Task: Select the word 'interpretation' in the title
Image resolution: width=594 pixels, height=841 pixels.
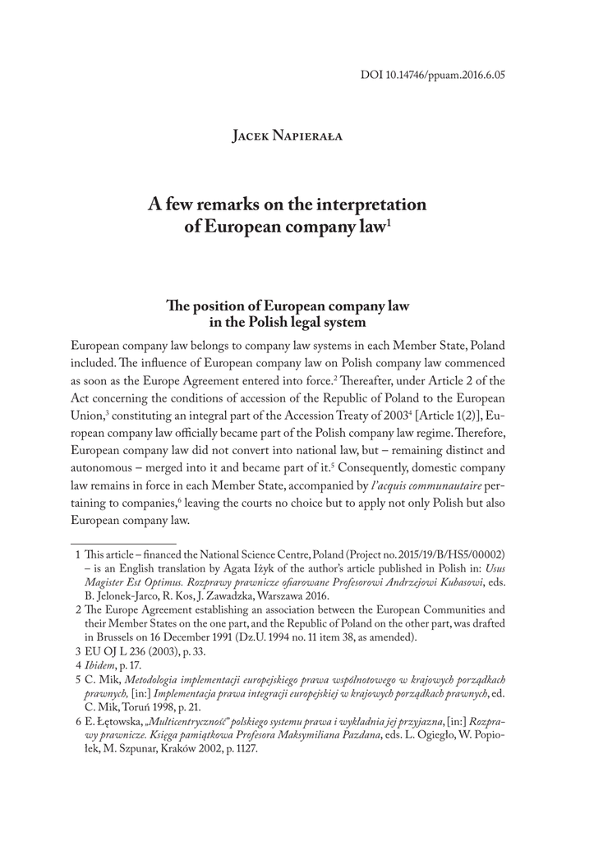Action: click(367, 205)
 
